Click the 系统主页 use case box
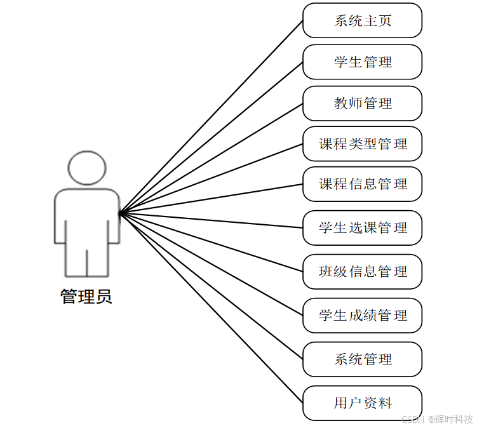point(362,20)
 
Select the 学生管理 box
point(362,62)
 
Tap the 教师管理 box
point(362,103)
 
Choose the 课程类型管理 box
point(362,144)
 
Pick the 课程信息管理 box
point(362,184)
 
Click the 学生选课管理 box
point(362,227)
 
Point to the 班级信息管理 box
point(362,271)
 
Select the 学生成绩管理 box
point(362,315)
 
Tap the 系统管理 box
point(362,359)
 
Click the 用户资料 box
point(362,403)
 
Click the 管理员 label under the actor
point(86,297)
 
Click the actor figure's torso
point(87,219)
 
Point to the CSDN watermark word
point(413,419)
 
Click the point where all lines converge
point(121,213)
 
